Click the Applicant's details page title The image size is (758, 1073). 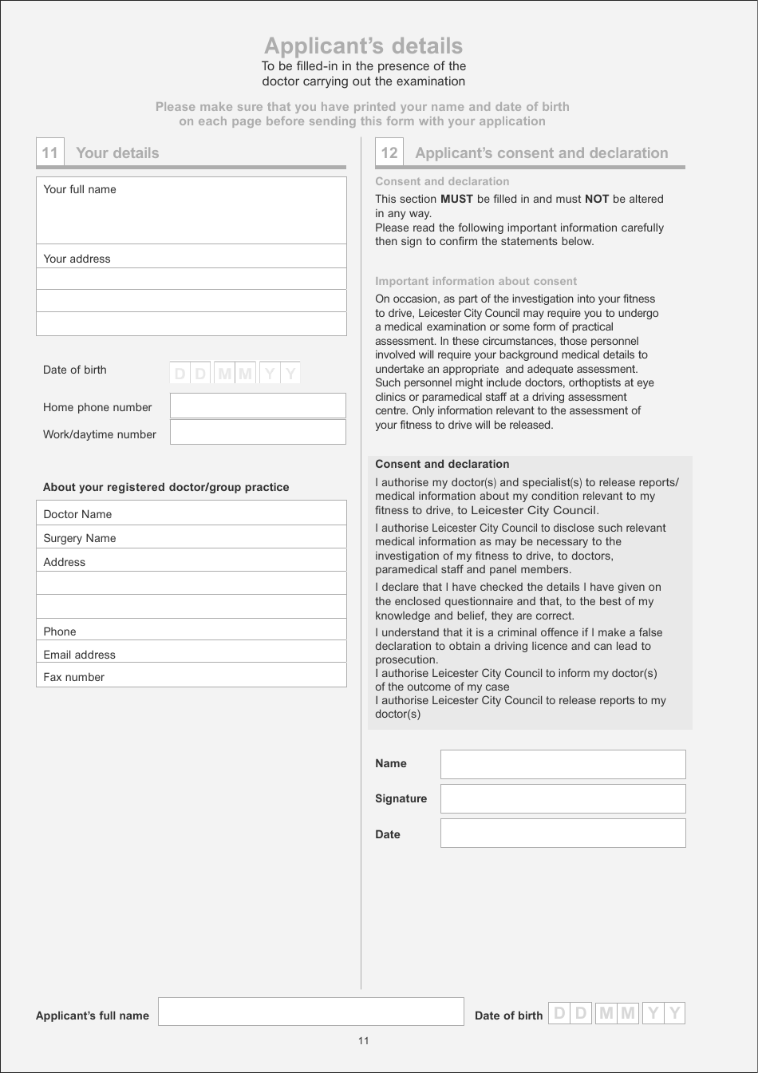tap(363, 46)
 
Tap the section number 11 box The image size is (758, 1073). tap(49, 152)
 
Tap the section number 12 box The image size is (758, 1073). tap(389, 152)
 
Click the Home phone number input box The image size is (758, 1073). tap(258, 406)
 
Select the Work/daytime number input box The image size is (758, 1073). tap(258, 432)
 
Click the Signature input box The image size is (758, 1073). tap(563, 798)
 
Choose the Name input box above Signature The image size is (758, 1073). tap(563, 764)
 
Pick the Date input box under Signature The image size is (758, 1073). tap(563, 833)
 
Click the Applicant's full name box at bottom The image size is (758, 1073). tap(310, 1012)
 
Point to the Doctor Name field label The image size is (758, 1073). tap(77, 514)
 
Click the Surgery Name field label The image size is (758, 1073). tap(80, 538)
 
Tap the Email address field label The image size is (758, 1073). tap(79, 655)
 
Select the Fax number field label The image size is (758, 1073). tap(73, 677)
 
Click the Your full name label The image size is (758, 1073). tap(80, 189)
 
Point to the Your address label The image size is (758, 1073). tap(77, 259)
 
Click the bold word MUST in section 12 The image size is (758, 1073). tap(456, 199)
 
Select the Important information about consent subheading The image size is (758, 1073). tap(476, 281)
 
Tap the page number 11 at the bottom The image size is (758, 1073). tap(364, 1040)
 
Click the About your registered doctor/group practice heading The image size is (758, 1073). tap(166, 487)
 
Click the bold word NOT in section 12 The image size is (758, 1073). tap(597, 199)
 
